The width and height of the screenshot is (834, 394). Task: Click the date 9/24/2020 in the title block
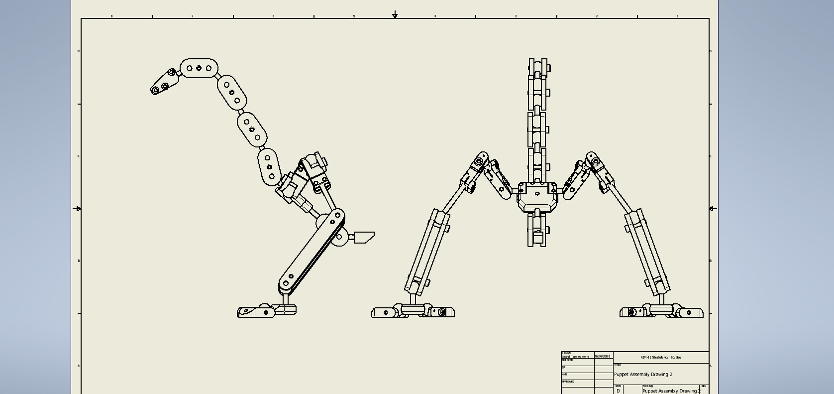[603, 357]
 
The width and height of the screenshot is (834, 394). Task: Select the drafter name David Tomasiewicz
[576, 357]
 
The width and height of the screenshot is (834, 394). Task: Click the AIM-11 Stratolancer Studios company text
[661, 358]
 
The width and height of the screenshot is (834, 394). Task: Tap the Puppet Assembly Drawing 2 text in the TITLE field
[643, 375]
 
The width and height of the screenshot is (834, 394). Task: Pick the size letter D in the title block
[619, 391]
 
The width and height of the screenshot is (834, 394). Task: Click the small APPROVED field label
[568, 382]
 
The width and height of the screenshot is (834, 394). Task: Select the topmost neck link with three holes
[199, 68]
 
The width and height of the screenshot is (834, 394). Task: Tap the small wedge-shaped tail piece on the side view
[364, 238]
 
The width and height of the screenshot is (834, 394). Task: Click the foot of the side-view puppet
[266, 312]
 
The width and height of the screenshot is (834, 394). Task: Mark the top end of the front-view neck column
[537, 62]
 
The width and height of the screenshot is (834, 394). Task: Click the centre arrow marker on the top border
[395, 15]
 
